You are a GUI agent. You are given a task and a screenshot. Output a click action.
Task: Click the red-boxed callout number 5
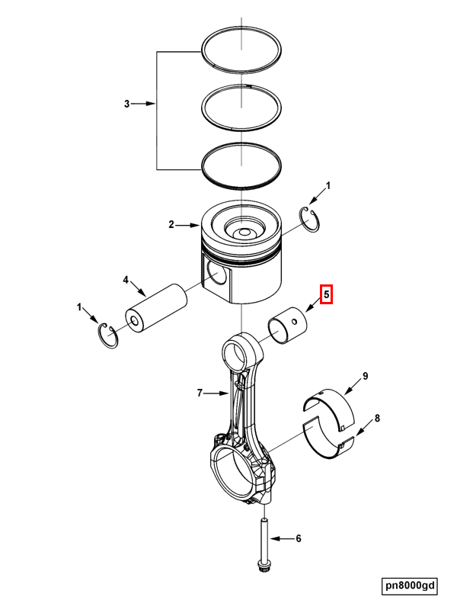[327, 294]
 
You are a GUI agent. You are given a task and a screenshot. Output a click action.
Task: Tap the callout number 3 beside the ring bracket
[126, 104]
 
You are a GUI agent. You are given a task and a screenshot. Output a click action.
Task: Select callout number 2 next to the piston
[171, 225]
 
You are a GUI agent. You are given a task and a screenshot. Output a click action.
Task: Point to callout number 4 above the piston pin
[126, 280]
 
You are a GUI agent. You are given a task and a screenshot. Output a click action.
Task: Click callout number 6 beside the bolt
[299, 538]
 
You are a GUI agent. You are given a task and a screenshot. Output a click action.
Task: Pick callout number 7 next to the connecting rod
[200, 393]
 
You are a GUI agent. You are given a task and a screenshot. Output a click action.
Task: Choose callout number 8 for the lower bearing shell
[377, 419]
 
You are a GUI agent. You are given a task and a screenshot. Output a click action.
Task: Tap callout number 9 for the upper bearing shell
[366, 376]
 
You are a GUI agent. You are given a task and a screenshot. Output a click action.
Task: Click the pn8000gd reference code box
[410, 586]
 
